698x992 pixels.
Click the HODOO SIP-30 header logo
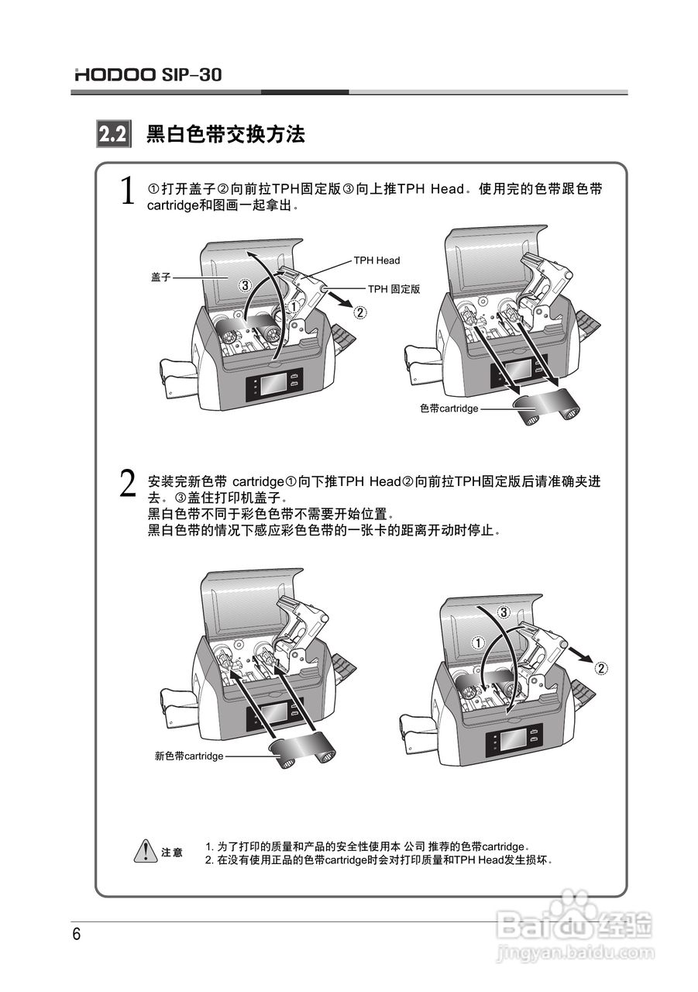pos(148,75)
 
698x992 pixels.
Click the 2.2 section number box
pos(112,135)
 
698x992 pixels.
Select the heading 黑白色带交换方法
pos(225,135)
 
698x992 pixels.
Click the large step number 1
pos(129,192)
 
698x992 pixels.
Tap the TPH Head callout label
pos(377,260)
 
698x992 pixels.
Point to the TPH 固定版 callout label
pos(394,288)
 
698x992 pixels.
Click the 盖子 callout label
pos(160,276)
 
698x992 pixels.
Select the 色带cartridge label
pos(449,407)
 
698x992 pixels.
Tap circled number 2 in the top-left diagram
pos(360,313)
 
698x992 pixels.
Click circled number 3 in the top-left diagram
pos(245,285)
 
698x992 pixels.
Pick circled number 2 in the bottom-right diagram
pos(601,667)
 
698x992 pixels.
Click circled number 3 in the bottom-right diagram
pos(503,612)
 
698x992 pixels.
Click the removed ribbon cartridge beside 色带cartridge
pos(551,407)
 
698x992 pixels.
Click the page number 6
pos(77,934)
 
